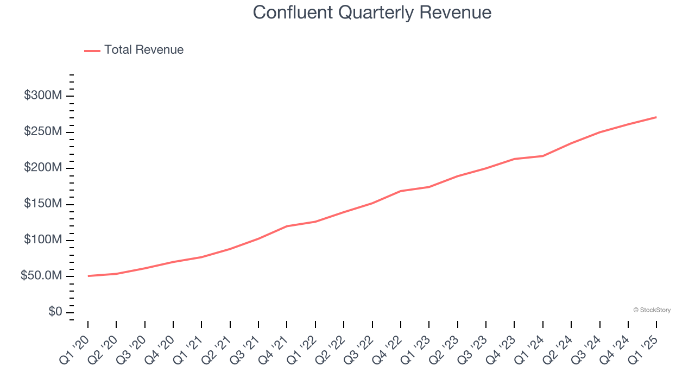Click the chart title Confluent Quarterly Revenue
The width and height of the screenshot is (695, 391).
(372, 12)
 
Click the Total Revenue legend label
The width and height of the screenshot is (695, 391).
(144, 50)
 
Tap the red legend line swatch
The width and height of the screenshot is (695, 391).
(92, 51)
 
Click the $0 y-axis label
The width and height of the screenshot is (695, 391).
(54, 312)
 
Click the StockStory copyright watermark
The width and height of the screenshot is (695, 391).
(652, 310)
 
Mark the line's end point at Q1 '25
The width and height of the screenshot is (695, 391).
(656, 117)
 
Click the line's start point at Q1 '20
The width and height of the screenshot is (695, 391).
(88, 276)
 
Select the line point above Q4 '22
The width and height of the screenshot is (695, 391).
(401, 191)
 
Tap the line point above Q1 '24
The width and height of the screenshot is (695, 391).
(543, 156)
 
